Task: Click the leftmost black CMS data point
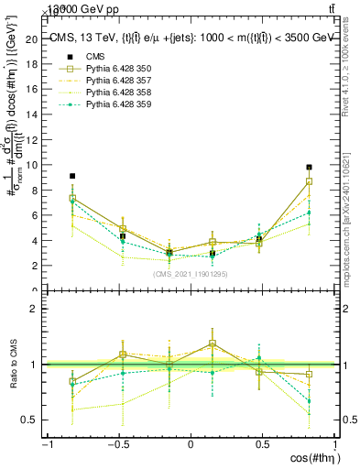click(72, 176)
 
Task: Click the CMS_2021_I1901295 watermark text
click(191, 274)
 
